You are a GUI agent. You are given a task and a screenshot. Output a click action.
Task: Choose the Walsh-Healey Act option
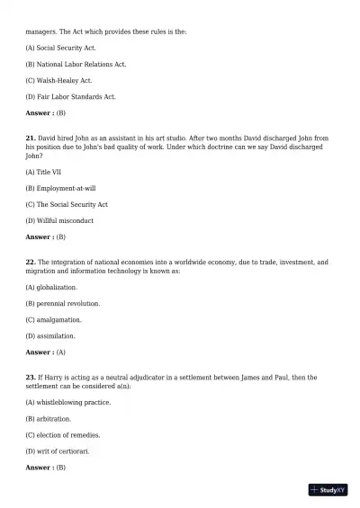59,80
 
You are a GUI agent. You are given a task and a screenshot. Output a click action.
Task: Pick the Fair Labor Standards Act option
71,96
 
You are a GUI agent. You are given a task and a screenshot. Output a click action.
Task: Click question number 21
30,138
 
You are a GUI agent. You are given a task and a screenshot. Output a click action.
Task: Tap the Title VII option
45,171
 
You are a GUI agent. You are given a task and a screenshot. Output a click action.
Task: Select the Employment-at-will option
60,187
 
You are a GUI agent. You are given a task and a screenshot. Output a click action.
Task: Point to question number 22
30,262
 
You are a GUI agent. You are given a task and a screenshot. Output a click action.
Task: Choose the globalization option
51,287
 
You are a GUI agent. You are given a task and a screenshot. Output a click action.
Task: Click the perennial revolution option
63,303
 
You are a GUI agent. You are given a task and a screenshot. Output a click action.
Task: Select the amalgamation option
54,319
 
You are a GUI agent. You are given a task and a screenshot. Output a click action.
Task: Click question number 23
30,378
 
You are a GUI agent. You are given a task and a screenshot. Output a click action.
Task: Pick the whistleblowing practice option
68,402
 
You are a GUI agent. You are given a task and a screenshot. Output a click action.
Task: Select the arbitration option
49,418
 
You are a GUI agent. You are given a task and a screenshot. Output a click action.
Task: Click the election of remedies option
63,434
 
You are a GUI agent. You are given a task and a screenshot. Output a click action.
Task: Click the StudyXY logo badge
328,490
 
